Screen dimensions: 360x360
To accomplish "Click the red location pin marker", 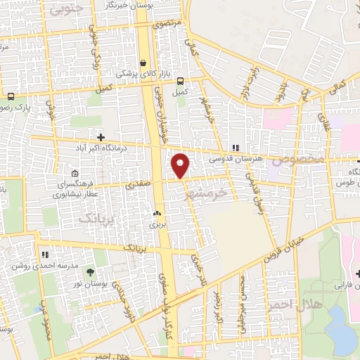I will (181, 166).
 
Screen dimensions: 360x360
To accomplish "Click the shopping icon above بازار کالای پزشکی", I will (143, 62).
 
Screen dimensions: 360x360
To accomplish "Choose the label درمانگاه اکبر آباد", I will (108, 148).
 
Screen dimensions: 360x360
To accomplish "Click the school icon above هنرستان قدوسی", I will (235, 148).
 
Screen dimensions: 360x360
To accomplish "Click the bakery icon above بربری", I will (155, 213).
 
